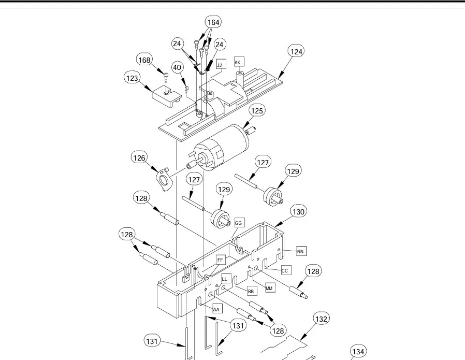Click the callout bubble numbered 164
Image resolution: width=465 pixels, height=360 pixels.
(213, 22)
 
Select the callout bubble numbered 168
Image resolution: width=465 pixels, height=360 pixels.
(144, 60)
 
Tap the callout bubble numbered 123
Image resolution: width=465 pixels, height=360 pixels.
(132, 78)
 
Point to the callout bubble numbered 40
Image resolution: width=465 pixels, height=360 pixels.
(177, 67)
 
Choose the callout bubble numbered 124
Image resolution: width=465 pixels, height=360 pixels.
(296, 52)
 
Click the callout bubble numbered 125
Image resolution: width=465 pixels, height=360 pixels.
(257, 111)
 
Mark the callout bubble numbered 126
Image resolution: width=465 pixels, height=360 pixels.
(139, 157)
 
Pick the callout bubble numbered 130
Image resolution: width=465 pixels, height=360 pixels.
(298, 212)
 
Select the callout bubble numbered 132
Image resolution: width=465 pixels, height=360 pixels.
(321, 319)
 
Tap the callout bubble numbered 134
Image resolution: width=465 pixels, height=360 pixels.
(358, 351)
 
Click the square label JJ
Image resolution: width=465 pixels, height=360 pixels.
(220, 64)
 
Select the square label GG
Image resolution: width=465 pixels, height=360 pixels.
(239, 223)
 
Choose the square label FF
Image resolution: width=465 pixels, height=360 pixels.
(220, 260)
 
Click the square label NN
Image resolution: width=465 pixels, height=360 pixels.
(300, 251)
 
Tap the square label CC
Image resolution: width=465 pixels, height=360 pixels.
(285, 270)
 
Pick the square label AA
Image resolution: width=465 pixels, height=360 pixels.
(217, 309)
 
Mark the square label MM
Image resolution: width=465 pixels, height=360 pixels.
(270, 287)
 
